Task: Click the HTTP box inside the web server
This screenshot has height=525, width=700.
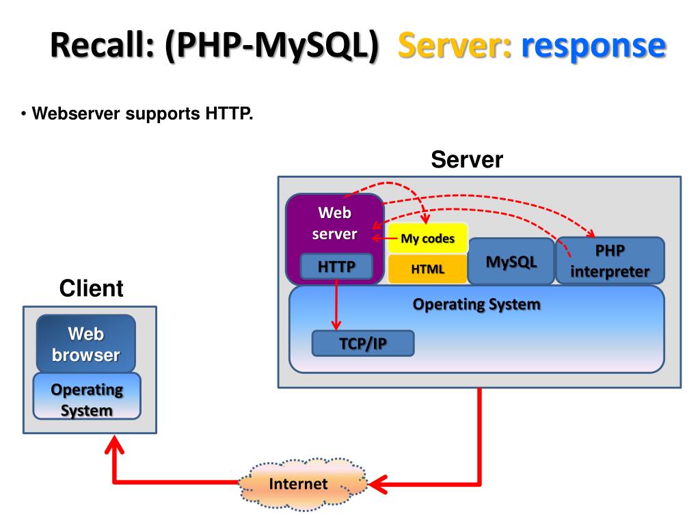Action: (x=336, y=267)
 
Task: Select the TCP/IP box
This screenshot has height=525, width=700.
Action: (x=363, y=343)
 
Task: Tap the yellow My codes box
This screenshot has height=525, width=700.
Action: (x=428, y=238)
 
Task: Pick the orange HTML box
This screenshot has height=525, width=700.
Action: (x=428, y=269)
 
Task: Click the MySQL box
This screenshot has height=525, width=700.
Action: (x=511, y=261)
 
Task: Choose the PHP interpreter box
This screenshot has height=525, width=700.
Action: (x=610, y=260)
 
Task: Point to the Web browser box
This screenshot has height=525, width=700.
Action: (x=85, y=344)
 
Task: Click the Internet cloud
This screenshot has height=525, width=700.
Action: (x=303, y=484)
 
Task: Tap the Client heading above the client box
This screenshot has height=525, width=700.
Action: (x=91, y=288)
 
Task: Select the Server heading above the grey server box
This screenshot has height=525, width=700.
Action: (x=467, y=159)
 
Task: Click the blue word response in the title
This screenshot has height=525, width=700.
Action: (x=594, y=46)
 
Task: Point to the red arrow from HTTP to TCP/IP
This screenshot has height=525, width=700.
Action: (x=336, y=304)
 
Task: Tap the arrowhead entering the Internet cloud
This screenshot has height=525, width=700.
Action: (x=377, y=485)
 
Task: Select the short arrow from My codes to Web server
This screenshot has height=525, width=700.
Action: (x=385, y=238)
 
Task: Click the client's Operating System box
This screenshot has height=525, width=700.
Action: (x=87, y=396)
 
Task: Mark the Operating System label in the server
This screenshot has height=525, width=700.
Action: (x=476, y=304)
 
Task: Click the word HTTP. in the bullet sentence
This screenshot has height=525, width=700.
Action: (x=229, y=113)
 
